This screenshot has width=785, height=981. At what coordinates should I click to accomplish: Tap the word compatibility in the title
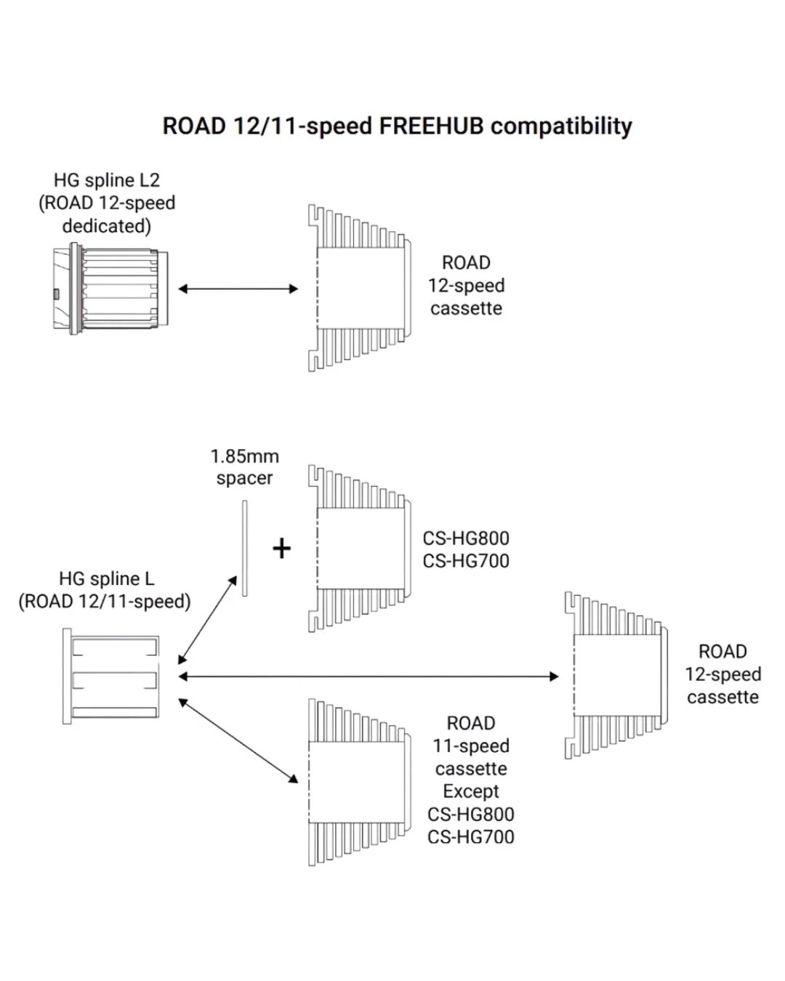tap(561, 126)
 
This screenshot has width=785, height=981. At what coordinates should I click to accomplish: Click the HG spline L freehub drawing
tap(110, 676)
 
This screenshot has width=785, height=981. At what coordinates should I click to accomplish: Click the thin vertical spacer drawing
tap(245, 549)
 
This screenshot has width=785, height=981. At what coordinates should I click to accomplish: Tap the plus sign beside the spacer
tap(281, 548)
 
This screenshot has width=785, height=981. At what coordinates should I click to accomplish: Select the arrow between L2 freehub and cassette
tap(238, 288)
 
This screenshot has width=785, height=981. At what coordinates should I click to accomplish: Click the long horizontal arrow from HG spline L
tap(369, 677)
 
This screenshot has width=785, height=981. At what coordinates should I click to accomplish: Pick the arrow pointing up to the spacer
tap(208, 619)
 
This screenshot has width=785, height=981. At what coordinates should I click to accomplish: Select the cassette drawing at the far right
tap(616, 676)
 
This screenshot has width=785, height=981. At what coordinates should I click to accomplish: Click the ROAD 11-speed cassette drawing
tap(356, 783)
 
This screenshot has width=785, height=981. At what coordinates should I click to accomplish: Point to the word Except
tap(471, 791)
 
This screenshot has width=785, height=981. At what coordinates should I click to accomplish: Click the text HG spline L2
tap(107, 180)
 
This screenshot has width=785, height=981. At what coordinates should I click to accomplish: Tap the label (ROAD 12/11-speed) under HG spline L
tap(105, 602)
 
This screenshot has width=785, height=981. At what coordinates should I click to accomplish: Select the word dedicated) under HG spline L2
tap(107, 226)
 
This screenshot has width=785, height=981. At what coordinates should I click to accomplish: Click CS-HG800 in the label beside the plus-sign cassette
tap(466, 538)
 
